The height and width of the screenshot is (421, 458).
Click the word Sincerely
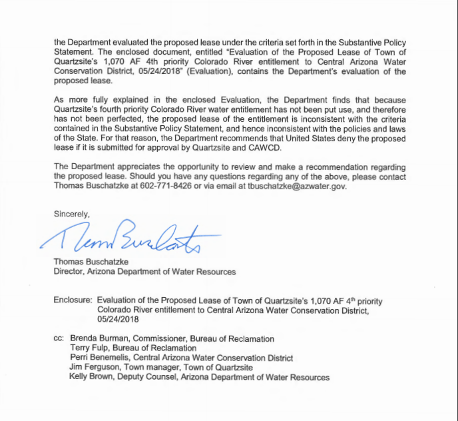tap(71, 214)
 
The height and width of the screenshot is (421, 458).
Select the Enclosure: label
tap(73, 301)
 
